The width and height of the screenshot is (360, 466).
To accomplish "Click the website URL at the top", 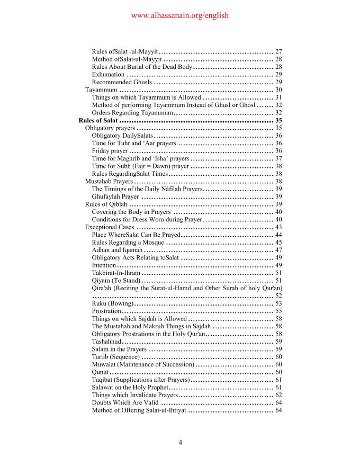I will [179, 16].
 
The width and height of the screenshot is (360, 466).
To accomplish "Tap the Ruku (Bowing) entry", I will [112, 303].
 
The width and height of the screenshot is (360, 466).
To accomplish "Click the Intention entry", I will [104, 265].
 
